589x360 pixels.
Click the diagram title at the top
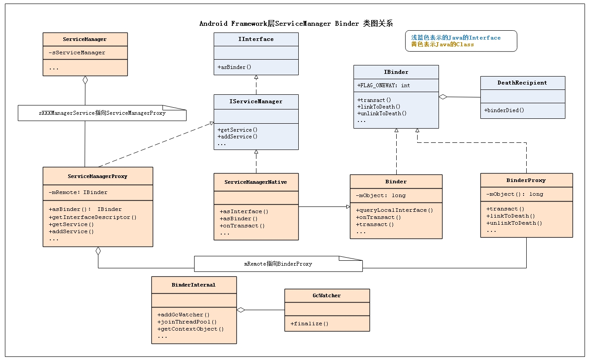tap(296, 24)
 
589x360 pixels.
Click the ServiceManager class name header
tap(85, 39)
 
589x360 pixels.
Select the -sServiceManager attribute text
tap(77, 53)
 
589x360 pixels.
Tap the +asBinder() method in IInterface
tap(234, 67)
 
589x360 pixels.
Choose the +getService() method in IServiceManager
tap(237, 129)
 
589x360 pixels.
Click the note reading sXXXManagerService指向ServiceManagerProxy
tap(102, 113)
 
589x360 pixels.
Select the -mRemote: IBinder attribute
tap(78, 192)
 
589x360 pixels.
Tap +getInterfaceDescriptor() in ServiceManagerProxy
tap(92, 217)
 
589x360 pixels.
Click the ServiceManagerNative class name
tap(256, 182)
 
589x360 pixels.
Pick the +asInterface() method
tap(244, 211)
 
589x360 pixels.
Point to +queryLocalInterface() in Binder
tap(394, 210)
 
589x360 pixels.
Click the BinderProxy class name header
tap(526, 180)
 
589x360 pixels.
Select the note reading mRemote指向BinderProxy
tap(278, 264)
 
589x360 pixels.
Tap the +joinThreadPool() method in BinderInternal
tap(187, 322)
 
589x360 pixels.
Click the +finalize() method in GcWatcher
tap(309, 324)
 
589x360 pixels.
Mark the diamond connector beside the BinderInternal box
tap(241, 310)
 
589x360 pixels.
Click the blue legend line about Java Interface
tap(455, 38)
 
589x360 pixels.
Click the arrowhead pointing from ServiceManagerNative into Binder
tap(348, 206)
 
